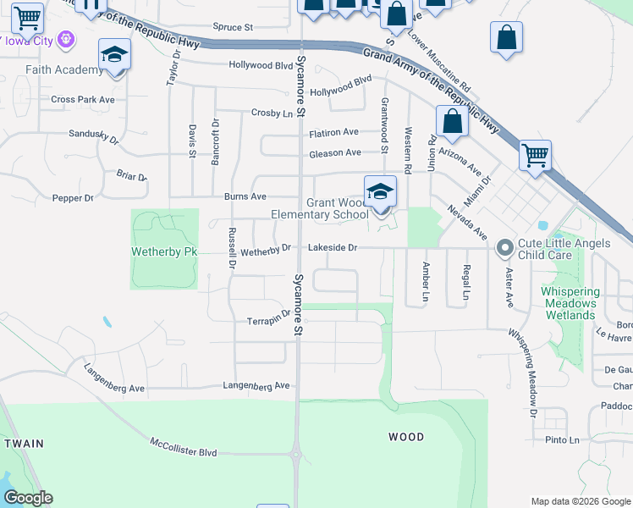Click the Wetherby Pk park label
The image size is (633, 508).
point(164,251)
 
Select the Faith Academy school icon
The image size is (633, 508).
point(114,56)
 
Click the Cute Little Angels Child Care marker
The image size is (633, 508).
point(505,248)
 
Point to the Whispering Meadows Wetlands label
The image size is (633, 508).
point(570,303)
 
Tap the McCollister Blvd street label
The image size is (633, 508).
point(184,447)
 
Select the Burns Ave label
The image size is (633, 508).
point(245,196)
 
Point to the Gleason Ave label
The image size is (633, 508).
point(335,152)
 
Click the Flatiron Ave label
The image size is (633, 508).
point(333,132)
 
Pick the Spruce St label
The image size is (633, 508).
point(233,28)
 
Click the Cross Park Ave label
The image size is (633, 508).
point(82,99)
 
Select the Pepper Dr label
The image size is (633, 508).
point(73,198)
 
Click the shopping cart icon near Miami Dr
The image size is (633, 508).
point(535,156)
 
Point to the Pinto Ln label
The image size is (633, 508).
point(562,440)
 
